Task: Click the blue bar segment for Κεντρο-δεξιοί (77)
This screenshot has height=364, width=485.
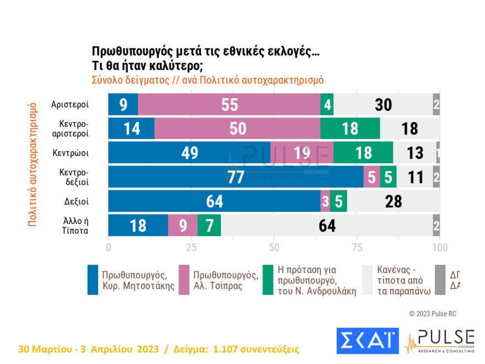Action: click(236, 177)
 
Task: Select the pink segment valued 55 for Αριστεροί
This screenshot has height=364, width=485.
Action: click(229, 104)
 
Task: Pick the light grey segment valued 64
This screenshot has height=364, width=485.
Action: click(327, 226)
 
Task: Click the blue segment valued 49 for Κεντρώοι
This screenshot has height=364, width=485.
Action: click(189, 153)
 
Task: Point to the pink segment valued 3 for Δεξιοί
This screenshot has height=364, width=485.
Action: click(325, 201)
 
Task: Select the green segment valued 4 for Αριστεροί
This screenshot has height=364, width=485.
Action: click(327, 104)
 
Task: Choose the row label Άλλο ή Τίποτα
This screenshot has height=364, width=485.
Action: click(74, 226)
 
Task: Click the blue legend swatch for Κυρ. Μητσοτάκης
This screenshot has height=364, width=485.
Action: click(93, 280)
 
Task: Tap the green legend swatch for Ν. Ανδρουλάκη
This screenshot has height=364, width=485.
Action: click(268, 280)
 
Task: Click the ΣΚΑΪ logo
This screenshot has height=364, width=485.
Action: click(367, 340)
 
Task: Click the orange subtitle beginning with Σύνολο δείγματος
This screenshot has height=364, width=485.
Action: click(207, 79)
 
